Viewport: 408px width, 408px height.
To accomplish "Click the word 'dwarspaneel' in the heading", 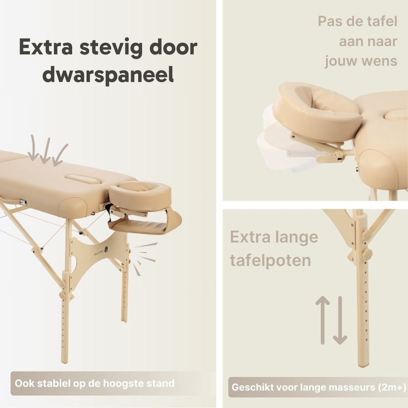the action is click(x=108, y=74).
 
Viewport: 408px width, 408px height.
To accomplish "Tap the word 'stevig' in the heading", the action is click(x=111, y=48).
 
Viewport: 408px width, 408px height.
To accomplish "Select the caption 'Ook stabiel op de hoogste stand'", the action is click(x=94, y=383).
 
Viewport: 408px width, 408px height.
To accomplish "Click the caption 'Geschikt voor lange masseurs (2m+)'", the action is click(x=319, y=387).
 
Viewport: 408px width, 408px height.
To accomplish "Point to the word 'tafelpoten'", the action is click(x=271, y=261).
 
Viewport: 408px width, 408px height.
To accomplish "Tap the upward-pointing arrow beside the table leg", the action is click(x=322, y=320).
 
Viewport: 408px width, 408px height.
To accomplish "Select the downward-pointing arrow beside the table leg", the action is click(x=340, y=320).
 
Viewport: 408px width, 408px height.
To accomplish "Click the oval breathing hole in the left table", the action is click(x=83, y=179).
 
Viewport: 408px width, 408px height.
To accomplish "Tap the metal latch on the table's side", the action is click(x=23, y=202).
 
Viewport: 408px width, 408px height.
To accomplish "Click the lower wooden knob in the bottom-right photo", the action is click(x=367, y=254).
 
